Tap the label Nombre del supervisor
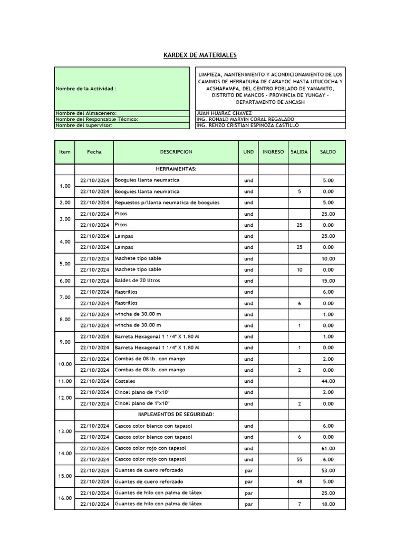click(x=81, y=126)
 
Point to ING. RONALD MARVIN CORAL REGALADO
click(x=245, y=119)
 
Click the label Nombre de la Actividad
click(x=86, y=89)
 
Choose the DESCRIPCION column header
click(x=176, y=152)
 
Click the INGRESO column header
click(x=273, y=152)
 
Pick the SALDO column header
click(x=327, y=152)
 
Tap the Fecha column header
click(x=94, y=152)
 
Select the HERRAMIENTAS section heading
click(x=176, y=169)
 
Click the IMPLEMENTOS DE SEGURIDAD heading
click(x=176, y=414)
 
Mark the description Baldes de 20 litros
click(x=138, y=281)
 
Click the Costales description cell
click(x=125, y=381)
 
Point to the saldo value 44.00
click(x=328, y=381)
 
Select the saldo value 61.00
click(x=328, y=448)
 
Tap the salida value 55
click(x=300, y=459)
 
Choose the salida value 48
click(x=300, y=482)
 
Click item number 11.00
click(x=65, y=381)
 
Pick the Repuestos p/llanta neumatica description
click(x=167, y=202)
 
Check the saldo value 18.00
click(x=328, y=504)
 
